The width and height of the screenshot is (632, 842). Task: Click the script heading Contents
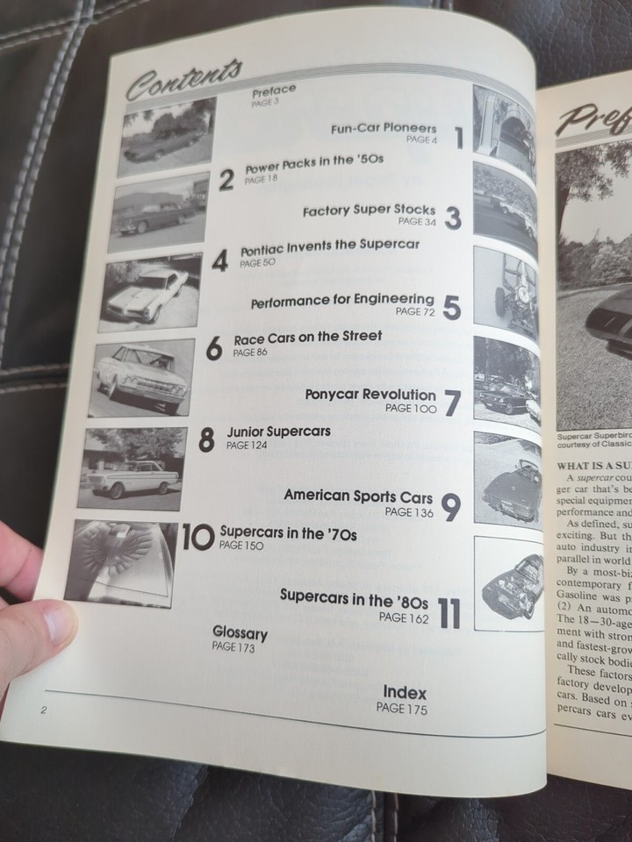(183, 77)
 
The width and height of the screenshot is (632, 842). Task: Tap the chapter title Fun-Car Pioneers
(384, 128)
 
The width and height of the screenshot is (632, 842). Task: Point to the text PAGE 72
(415, 311)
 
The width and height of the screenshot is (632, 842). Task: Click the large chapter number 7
(452, 403)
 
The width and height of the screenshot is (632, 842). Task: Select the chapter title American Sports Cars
(358, 496)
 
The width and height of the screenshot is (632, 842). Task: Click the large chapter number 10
(197, 538)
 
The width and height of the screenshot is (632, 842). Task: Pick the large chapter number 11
(449, 613)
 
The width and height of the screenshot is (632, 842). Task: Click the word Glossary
(240, 633)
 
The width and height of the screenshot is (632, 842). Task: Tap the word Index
(405, 693)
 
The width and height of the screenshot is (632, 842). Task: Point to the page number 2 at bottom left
(43, 710)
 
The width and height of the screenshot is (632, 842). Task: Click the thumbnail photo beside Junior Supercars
(132, 467)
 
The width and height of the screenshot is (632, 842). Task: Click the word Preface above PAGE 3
(273, 90)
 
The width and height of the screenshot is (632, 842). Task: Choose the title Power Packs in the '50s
(313, 162)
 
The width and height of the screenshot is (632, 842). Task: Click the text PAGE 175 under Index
(402, 710)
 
